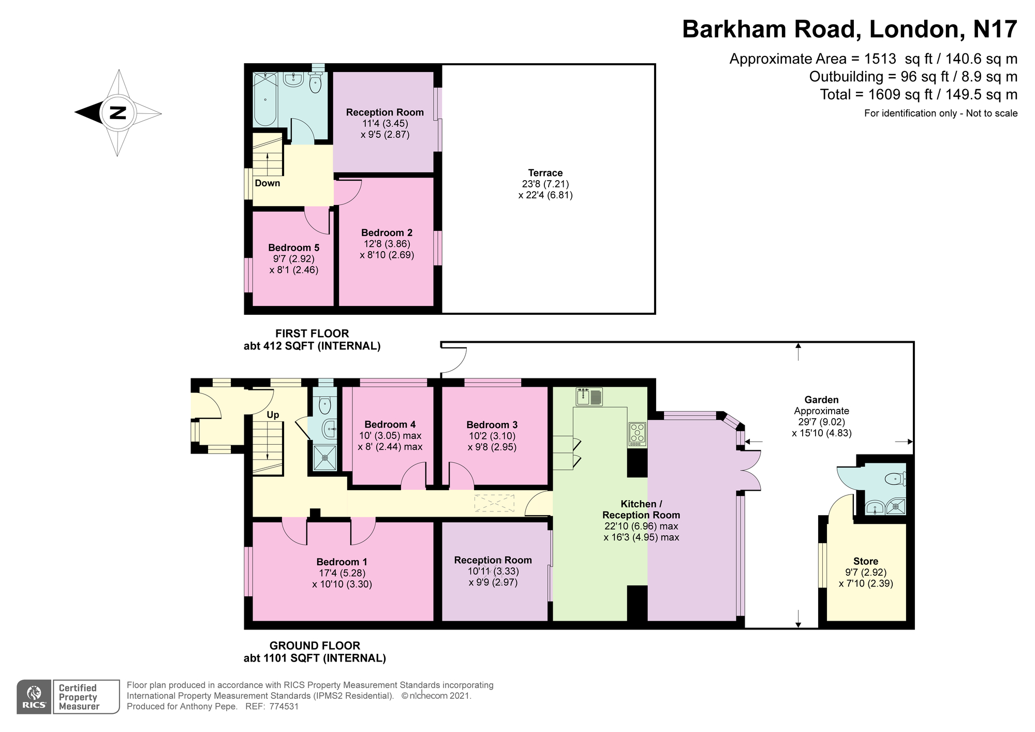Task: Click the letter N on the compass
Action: click(119, 112)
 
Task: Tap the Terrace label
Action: click(545, 173)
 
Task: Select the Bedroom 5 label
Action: click(293, 247)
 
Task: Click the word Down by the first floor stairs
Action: click(267, 183)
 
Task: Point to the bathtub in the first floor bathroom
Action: click(265, 99)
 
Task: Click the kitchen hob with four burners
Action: click(637, 434)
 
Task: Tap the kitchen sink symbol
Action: click(589, 397)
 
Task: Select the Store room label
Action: click(866, 561)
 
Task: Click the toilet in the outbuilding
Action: click(896, 479)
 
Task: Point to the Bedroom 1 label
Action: click(342, 562)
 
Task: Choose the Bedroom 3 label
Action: click(492, 424)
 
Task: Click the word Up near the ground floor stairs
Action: click(273, 415)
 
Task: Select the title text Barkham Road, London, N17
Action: click(850, 30)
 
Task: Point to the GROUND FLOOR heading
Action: click(315, 646)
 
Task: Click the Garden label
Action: click(821, 400)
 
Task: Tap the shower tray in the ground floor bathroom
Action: click(325, 458)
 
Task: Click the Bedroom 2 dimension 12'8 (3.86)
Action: click(387, 244)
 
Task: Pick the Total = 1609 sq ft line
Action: click(919, 95)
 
